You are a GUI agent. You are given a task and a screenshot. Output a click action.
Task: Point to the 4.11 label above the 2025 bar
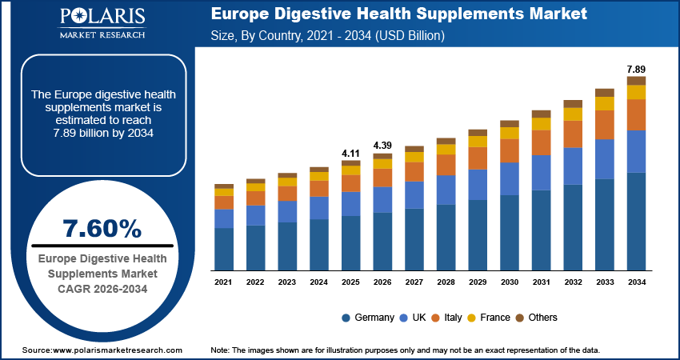(350, 152)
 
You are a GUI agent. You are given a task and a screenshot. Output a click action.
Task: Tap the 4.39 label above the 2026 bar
(382, 145)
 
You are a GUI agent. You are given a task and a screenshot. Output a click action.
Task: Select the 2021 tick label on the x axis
(224, 282)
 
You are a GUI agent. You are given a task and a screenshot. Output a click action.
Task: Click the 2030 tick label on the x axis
(510, 282)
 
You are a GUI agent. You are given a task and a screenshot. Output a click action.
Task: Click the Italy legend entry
(446, 318)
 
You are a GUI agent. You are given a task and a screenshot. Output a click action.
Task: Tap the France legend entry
(489, 318)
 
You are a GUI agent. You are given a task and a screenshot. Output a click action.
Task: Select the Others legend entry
(536, 318)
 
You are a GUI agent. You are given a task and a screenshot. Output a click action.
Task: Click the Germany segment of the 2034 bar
(636, 222)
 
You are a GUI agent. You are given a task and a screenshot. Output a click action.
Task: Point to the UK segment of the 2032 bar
(573, 166)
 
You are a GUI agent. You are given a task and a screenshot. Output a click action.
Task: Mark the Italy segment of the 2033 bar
(605, 125)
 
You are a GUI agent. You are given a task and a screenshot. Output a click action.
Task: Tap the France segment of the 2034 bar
(636, 92)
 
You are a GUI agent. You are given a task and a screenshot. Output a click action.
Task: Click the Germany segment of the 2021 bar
(224, 249)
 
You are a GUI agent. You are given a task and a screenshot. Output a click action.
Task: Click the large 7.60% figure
(102, 229)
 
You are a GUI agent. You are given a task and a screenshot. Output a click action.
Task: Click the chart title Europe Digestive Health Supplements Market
(399, 14)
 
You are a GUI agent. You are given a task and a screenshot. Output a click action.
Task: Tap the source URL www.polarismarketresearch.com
(118, 350)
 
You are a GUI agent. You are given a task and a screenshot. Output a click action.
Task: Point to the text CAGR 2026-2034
(102, 288)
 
